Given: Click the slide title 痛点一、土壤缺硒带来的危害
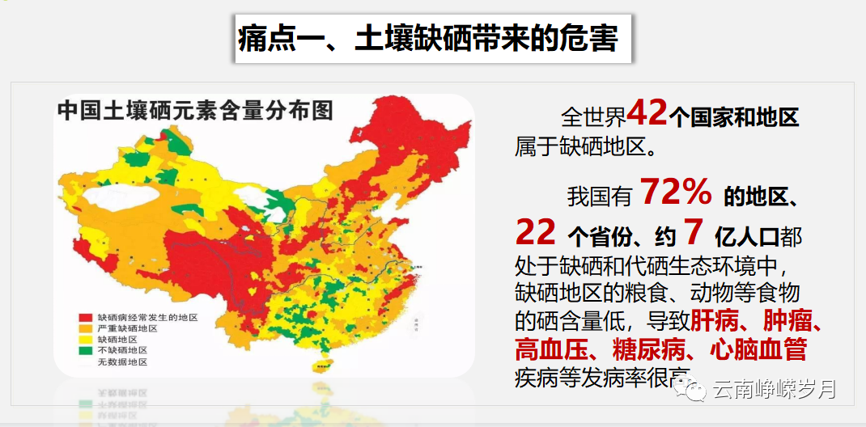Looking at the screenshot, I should (x=428, y=39).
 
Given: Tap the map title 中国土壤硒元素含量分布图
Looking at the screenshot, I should (x=195, y=111).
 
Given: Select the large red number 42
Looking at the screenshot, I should (x=647, y=114).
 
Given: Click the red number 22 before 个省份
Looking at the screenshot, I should (x=536, y=233).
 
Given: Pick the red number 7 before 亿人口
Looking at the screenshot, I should (x=692, y=233).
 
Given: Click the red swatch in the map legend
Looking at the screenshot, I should (x=86, y=318).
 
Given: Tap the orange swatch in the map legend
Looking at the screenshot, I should (x=86, y=329).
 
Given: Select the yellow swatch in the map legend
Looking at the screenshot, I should (x=86, y=340).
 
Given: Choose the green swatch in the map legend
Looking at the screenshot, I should (x=86, y=351).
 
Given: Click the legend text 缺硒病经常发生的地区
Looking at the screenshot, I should (x=147, y=318).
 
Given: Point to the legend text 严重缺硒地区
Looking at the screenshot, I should (x=127, y=329).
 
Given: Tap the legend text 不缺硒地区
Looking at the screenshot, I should (x=122, y=351).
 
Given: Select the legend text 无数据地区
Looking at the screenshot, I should (x=122, y=362).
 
